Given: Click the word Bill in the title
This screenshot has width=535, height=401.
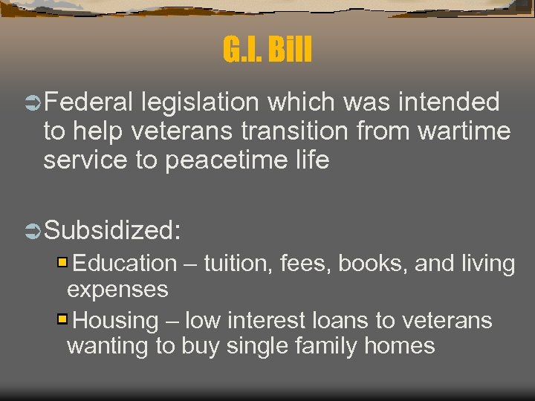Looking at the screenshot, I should click(x=290, y=50).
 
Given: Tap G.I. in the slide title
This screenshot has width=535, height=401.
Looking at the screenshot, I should click(x=244, y=50).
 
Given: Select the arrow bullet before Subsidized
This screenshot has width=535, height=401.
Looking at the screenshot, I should click(x=34, y=231).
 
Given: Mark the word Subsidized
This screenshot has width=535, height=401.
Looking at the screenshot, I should click(x=112, y=231).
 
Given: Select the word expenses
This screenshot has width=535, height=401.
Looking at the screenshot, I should click(x=117, y=290).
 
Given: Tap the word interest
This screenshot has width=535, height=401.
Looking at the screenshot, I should click(x=267, y=321).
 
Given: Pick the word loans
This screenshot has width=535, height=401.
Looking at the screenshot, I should click(x=341, y=321).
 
